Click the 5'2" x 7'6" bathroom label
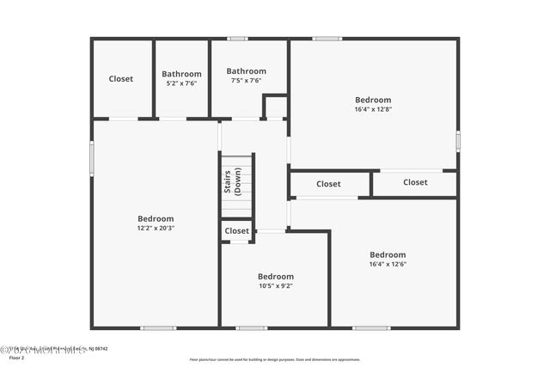[181, 83]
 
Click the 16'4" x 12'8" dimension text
[372, 109]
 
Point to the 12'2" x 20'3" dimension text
[156, 229]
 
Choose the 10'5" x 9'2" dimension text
[276, 286]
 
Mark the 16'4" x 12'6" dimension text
[388, 264]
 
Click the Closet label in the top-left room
[121, 79]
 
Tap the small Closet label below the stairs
[237, 231]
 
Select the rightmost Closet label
[415, 182]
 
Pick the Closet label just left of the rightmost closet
[328, 184]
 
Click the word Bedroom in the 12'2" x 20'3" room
[156, 218]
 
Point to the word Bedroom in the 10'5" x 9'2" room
[276, 277]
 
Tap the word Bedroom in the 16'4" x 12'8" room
[372, 100]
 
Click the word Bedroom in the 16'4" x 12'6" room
[388, 254]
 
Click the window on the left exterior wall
[92, 158]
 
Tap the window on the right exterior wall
[458, 140]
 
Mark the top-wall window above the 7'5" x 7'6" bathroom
[238, 39]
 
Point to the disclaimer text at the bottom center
[275, 359]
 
